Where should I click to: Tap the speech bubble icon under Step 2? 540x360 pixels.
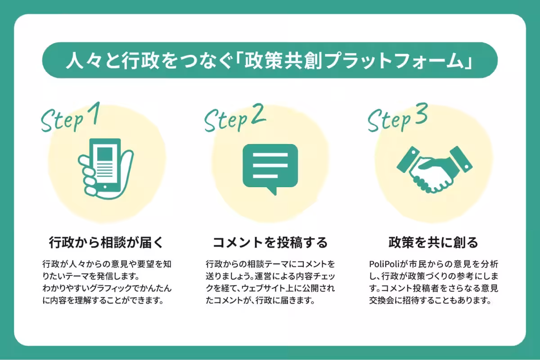(x=270, y=166)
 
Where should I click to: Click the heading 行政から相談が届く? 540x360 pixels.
(x=105, y=243)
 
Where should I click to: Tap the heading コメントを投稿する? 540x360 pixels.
(x=270, y=243)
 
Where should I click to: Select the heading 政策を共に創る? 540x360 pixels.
(x=433, y=243)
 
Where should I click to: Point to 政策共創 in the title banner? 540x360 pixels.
(x=278, y=61)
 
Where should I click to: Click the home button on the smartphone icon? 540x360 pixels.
(x=105, y=186)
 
